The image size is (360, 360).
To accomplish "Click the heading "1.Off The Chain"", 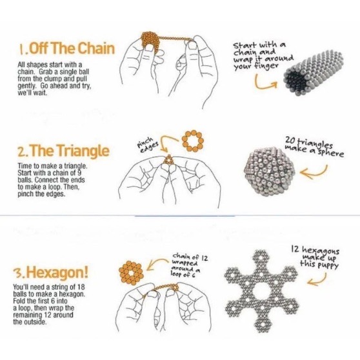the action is [x=66, y=48].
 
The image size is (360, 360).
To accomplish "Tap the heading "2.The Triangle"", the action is [x=63, y=150].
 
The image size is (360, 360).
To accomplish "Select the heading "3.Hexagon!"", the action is [x=51, y=272].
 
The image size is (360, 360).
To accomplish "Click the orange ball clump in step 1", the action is [x=150, y=41].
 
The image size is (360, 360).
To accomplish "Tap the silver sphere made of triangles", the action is [x=270, y=171].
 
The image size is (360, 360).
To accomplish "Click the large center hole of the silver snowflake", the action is [x=262, y=292].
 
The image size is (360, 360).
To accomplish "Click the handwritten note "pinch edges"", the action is [x=148, y=145].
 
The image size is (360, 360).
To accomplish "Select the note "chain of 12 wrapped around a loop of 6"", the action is [x=189, y=265].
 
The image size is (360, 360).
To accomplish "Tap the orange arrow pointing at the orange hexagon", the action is [x=159, y=262].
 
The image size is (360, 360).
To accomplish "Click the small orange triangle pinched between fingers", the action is [x=169, y=159].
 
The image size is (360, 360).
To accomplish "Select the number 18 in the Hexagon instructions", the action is [x=81, y=287].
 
